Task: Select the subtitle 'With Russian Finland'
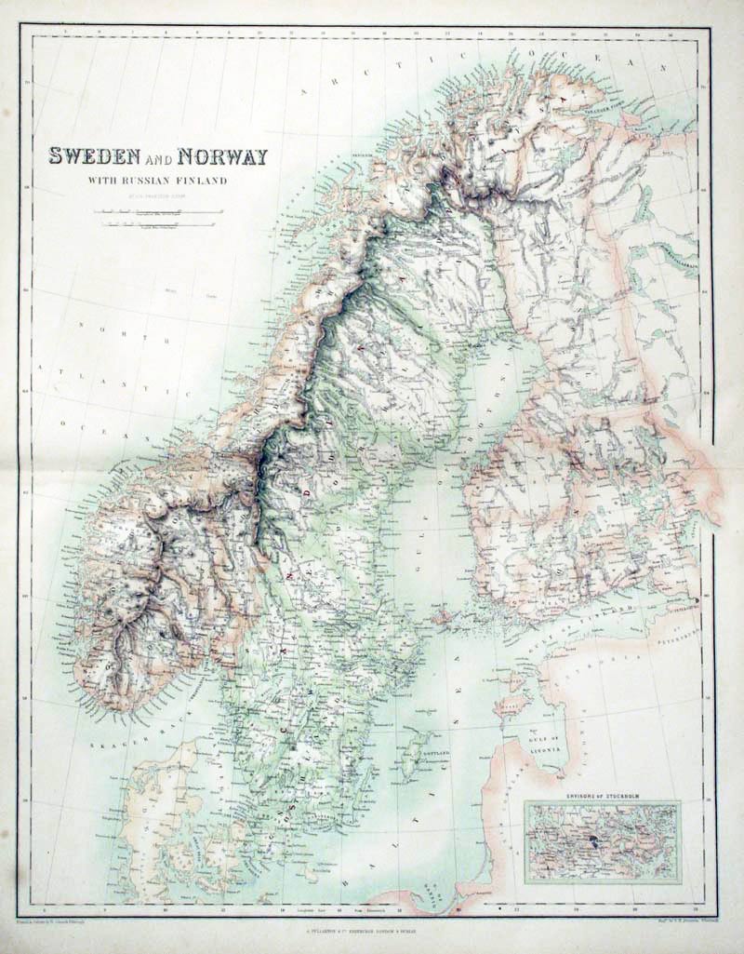point(158,180)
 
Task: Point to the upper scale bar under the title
point(158,212)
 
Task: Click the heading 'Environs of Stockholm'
point(602,799)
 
